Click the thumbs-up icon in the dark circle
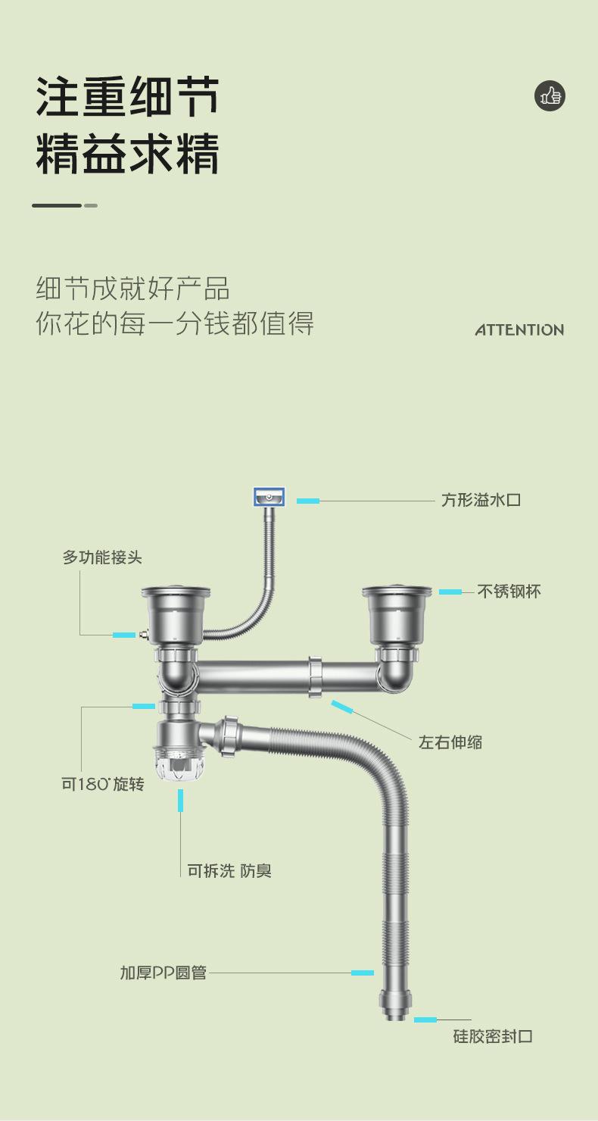pyautogui.click(x=550, y=96)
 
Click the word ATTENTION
pyautogui.click(x=519, y=329)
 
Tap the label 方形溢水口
pyautogui.click(x=481, y=500)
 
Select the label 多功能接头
pyautogui.click(x=102, y=557)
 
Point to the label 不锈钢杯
pyautogui.click(x=509, y=592)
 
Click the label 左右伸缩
pyautogui.click(x=450, y=742)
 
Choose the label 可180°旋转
pyautogui.click(x=103, y=784)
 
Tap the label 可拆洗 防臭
pyautogui.click(x=229, y=871)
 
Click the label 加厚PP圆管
pyautogui.click(x=164, y=973)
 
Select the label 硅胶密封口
pyautogui.click(x=493, y=1036)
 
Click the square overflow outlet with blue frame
pyautogui.click(x=269, y=498)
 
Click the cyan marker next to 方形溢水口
pyautogui.click(x=308, y=501)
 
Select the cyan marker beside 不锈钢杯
pyautogui.click(x=450, y=592)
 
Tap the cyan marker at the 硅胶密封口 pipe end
pyautogui.click(x=425, y=1020)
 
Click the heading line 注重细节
pyautogui.click(x=127, y=97)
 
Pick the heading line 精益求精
pyautogui.click(x=127, y=154)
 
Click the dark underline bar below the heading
pyautogui.click(x=57, y=205)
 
